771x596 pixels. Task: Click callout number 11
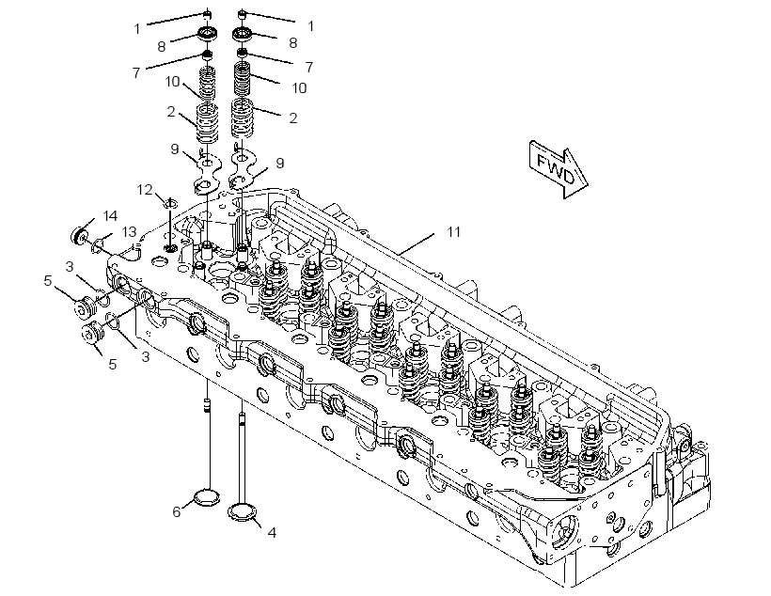point(453,231)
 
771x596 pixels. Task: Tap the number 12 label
point(145,189)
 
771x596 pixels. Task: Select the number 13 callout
point(129,231)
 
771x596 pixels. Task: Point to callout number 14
point(110,216)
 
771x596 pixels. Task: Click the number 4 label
point(272,532)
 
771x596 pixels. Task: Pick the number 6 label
point(177,512)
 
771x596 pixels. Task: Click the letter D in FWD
point(568,176)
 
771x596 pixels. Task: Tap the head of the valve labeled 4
point(243,512)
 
